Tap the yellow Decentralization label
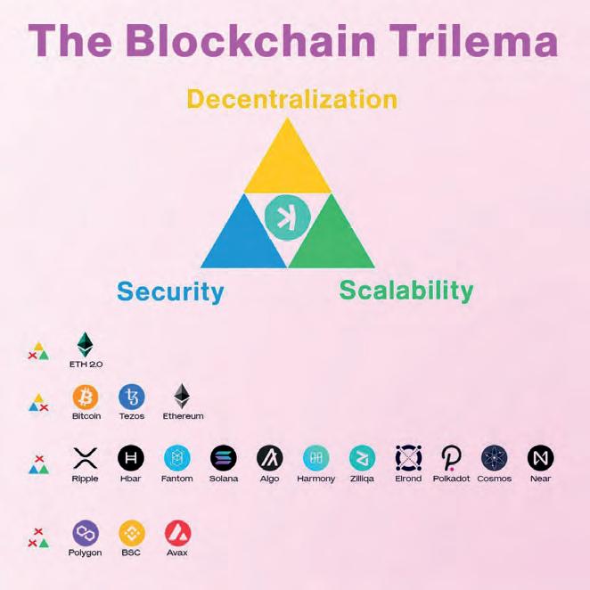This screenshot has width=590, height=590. (x=291, y=98)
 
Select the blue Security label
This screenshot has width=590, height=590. (x=169, y=291)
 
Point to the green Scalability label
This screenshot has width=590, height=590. (x=406, y=290)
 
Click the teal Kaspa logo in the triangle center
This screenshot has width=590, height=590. (x=287, y=217)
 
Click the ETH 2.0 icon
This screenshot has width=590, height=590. (x=85, y=345)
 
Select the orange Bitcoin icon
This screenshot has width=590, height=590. (x=86, y=396)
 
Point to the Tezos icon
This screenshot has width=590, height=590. (x=132, y=396)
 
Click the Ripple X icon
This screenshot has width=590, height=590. (x=85, y=458)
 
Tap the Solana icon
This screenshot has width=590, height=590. (x=224, y=458)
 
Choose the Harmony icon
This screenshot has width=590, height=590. (x=315, y=458)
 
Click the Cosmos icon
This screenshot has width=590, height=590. (x=494, y=458)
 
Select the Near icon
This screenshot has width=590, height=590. (x=540, y=458)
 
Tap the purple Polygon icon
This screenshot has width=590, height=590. (x=86, y=533)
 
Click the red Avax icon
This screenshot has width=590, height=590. (x=177, y=533)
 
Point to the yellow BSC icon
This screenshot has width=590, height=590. (x=132, y=533)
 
